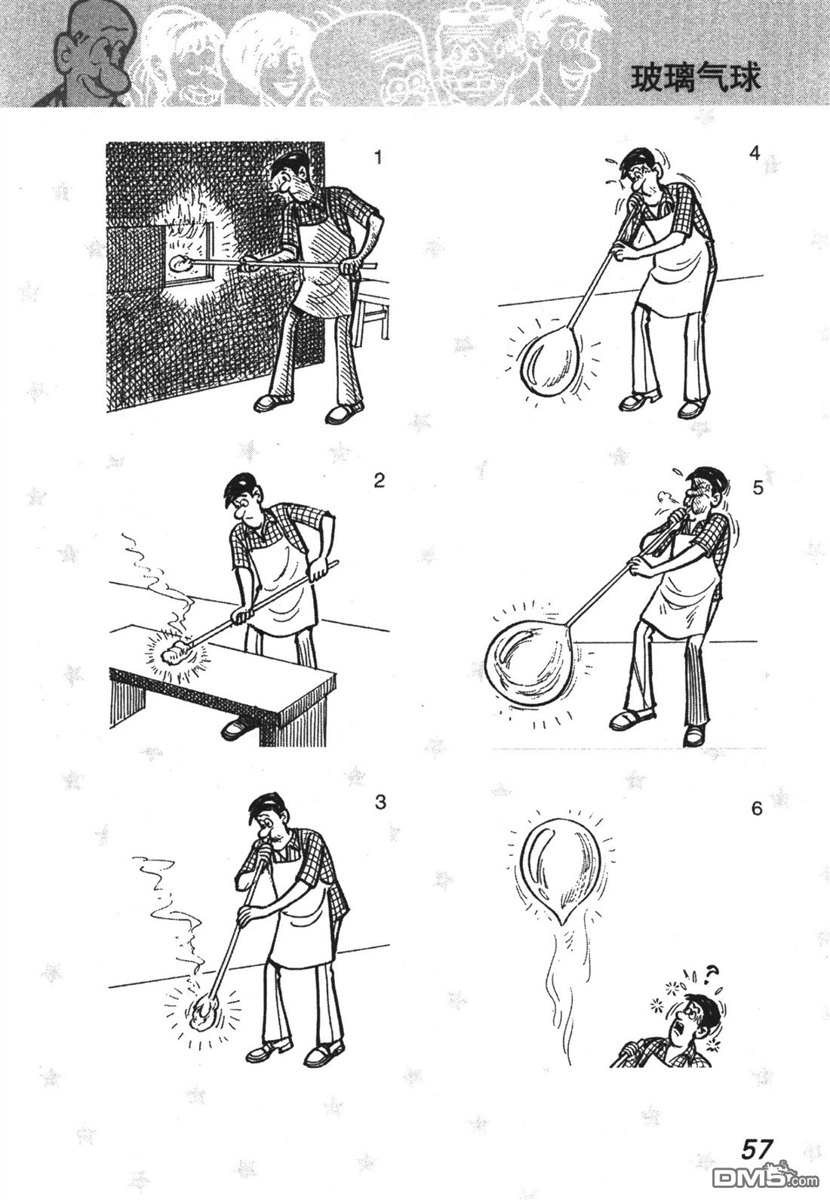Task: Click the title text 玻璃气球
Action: [696, 79]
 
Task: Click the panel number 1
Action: [379, 158]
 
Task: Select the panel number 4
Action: [755, 154]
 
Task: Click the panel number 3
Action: [380, 803]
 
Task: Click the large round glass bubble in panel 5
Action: [529, 659]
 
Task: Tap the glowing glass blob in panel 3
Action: [203, 1015]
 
